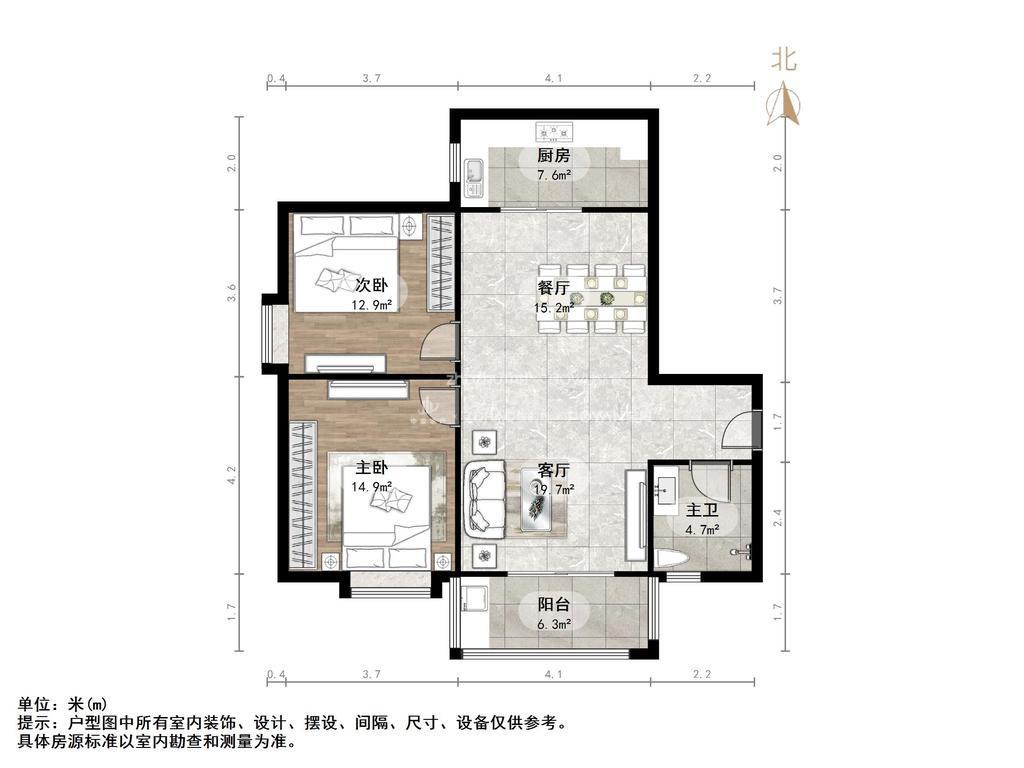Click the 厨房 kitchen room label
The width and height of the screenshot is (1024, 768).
pyautogui.click(x=553, y=155)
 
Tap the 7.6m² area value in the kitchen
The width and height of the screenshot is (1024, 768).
pyautogui.click(x=554, y=175)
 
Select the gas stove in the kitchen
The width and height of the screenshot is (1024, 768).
pyautogui.click(x=554, y=133)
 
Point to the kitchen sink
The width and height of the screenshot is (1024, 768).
pyautogui.click(x=473, y=177)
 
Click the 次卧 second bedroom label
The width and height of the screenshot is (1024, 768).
pyautogui.click(x=371, y=285)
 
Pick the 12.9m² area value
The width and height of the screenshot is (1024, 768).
pyautogui.click(x=372, y=304)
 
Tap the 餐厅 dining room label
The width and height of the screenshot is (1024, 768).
pyautogui.click(x=553, y=287)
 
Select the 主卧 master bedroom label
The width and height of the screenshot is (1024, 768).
pyautogui.click(x=371, y=468)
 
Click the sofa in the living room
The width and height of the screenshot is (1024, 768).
pyautogui.click(x=486, y=500)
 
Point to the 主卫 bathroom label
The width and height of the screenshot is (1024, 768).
pyautogui.click(x=701, y=510)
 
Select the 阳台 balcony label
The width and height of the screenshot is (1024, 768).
pyautogui.click(x=553, y=605)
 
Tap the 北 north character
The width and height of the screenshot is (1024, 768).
pyautogui.click(x=783, y=59)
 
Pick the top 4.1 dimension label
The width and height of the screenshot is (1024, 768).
pyautogui.click(x=553, y=78)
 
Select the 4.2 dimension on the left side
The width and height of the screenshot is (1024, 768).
pyautogui.click(x=231, y=475)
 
